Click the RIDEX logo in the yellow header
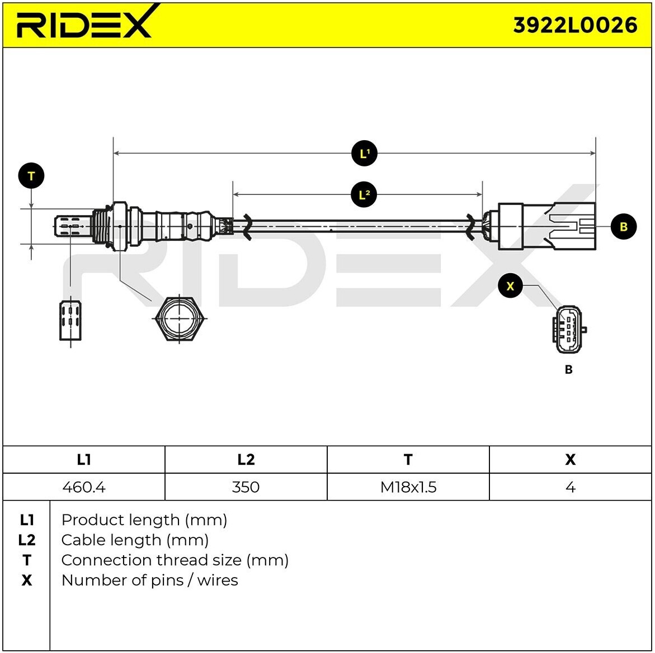[84, 24]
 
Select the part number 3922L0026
[575, 25]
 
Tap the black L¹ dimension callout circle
[364, 153]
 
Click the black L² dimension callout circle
[364, 194]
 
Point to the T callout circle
[31, 176]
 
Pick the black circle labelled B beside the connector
[624, 226]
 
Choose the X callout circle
[510, 286]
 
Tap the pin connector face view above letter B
[569, 330]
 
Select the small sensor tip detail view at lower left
[70, 321]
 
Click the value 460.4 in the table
[84, 487]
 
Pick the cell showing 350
[246, 487]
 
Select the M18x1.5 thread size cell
[408, 487]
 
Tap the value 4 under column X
[570, 487]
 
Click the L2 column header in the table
[246, 460]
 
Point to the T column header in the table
[408, 460]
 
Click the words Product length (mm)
[144, 520]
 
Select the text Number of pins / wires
[149, 580]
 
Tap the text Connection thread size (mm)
[175, 560]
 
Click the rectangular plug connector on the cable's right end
[545, 226]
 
